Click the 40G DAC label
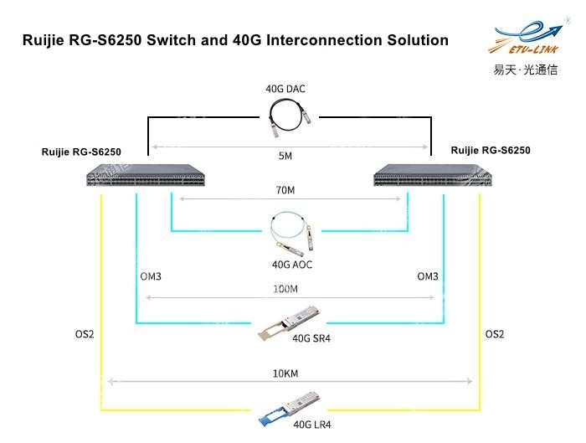tap(285, 89)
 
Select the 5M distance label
tap(285, 156)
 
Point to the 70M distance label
tap(285, 190)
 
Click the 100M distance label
tap(285, 289)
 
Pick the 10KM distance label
tap(285, 373)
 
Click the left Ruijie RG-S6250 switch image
tap(146, 175)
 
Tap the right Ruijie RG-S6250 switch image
tap(433, 175)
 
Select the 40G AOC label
tap(292, 265)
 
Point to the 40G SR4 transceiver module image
tap(289, 323)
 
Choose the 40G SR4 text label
tap(311, 338)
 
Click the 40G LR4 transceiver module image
tap(289, 409)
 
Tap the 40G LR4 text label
tap(312, 425)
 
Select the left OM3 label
tap(151, 276)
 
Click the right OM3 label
tap(428, 276)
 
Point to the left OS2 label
tap(85, 334)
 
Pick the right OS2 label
tap(495, 334)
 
